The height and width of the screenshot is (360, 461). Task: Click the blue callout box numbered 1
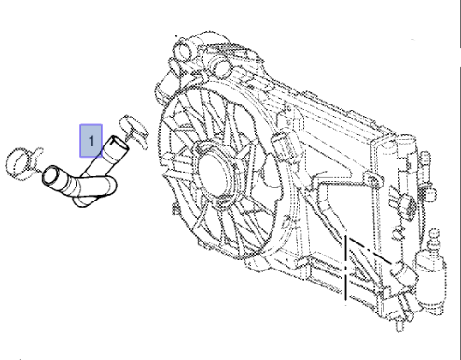point(91,141)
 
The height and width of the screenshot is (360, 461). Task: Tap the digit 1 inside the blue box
point(91,142)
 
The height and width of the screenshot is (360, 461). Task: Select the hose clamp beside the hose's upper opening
point(134,131)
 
